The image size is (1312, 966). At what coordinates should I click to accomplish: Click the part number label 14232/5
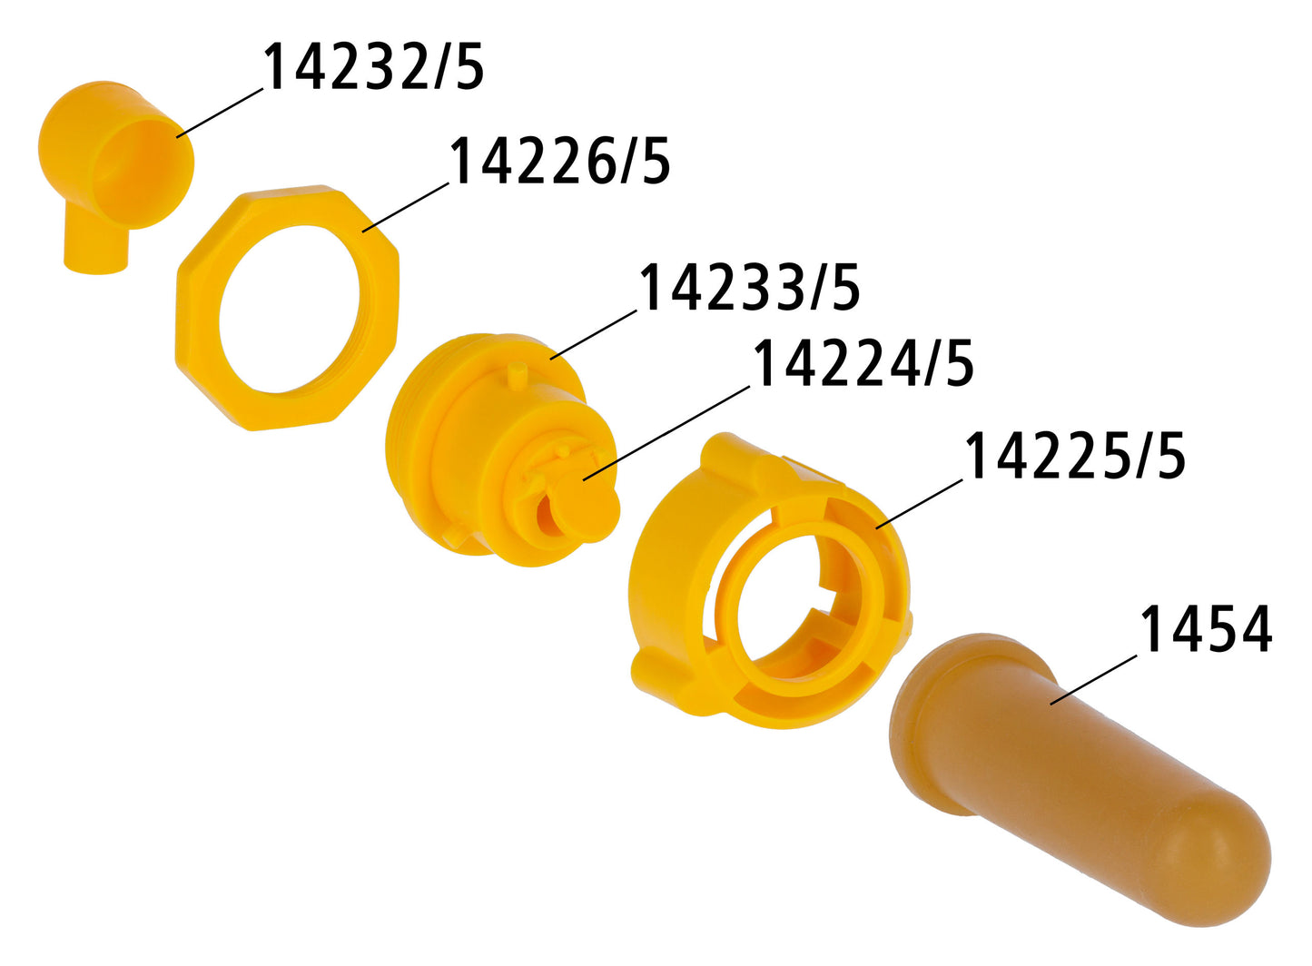pyautogui.click(x=374, y=66)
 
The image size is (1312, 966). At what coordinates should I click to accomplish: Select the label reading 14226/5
pyautogui.click(x=559, y=160)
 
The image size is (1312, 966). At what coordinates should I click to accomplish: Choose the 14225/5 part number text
pyautogui.click(x=1075, y=456)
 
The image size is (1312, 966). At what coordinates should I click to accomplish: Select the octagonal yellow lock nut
pyautogui.click(x=288, y=308)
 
